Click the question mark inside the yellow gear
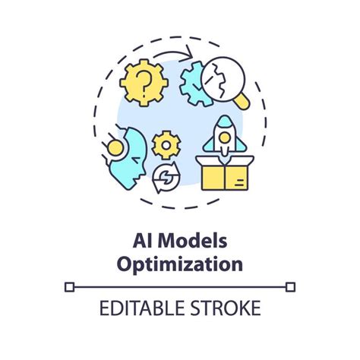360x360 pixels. coord(143,82)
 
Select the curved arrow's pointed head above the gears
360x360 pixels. coord(189,52)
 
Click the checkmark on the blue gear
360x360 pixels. coord(197,86)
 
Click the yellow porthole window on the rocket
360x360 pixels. coord(225,137)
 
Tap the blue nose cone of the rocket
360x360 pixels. coord(225,121)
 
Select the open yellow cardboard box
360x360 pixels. coord(225,172)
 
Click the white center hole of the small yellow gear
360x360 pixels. coord(166,145)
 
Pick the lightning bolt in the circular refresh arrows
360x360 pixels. coord(166,177)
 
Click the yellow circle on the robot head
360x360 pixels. coord(115,148)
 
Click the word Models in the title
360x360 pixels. coord(192,241)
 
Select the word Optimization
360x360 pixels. coord(180,264)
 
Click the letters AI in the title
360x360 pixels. coord(143,241)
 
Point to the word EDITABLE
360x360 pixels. coord(142,308)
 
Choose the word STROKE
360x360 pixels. coord(226,308)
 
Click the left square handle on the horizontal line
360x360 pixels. coord(69,287)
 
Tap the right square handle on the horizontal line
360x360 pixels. coord(290,287)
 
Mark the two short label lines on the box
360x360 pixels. coord(239,182)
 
